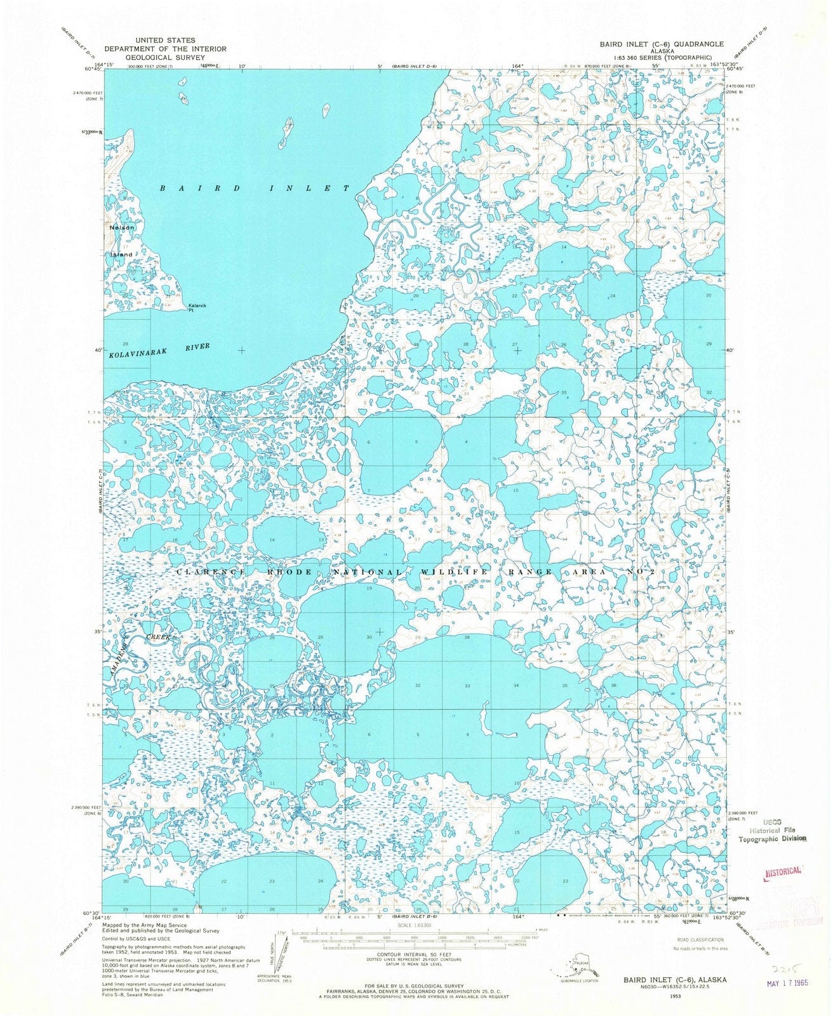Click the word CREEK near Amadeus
(x=159, y=636)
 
